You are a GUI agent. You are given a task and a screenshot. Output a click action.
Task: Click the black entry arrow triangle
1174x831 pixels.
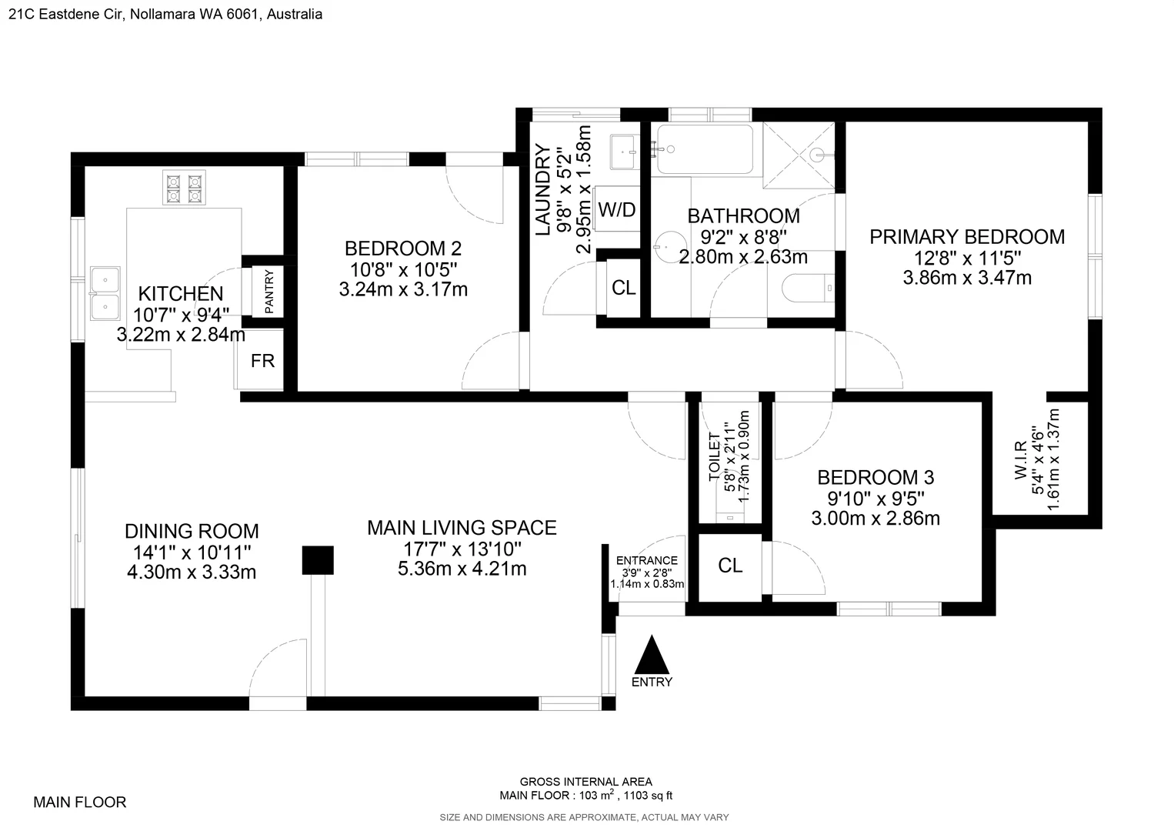(x=652, y=656)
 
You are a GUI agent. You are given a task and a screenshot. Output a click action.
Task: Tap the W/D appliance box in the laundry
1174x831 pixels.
(x=617, y=209)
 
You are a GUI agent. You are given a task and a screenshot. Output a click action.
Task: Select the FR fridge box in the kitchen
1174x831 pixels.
(x=262, y=360)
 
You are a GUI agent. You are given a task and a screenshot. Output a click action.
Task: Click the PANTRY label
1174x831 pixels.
(x=269, y=291)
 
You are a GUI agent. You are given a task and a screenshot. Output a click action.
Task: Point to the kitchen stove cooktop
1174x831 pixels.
(x=184, y=189)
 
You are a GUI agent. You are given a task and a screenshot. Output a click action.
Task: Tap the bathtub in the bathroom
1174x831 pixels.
(x=704, y=149)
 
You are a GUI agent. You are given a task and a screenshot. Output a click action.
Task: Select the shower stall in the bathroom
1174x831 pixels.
(x=799, y=155)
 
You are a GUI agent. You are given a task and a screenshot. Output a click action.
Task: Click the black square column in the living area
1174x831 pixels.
(x=317, y=560)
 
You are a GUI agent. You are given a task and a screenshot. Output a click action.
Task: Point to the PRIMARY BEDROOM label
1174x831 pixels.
(x=967, y=237)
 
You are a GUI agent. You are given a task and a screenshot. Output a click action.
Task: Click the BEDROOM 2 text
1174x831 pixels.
(x=403, y=249)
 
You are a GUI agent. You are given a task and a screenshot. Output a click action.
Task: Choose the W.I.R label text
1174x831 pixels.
(x=1021, y=460)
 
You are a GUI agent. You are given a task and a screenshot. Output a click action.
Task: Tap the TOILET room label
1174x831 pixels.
(x=715, y=457)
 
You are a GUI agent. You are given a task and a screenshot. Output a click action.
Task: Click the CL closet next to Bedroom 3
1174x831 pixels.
(x=730, y=566)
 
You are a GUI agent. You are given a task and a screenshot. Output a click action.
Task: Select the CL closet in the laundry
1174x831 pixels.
(x=623, y=288)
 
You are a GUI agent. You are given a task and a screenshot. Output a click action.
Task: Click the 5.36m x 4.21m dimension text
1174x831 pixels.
(x=462, y=569)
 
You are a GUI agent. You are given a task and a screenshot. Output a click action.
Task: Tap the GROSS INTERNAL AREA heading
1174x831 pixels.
(x=585, y=782)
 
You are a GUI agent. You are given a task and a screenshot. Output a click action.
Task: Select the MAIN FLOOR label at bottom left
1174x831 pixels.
(x=79, y=803)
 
